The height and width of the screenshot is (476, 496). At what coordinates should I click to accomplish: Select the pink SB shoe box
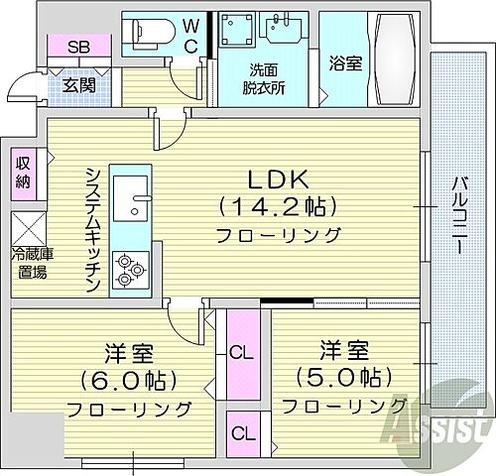[75, 47]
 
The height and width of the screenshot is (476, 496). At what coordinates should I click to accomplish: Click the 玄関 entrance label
[78, 85]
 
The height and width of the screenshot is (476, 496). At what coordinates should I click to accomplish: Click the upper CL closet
[240, 350]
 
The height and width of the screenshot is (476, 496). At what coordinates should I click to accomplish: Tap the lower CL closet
[240, 432]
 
